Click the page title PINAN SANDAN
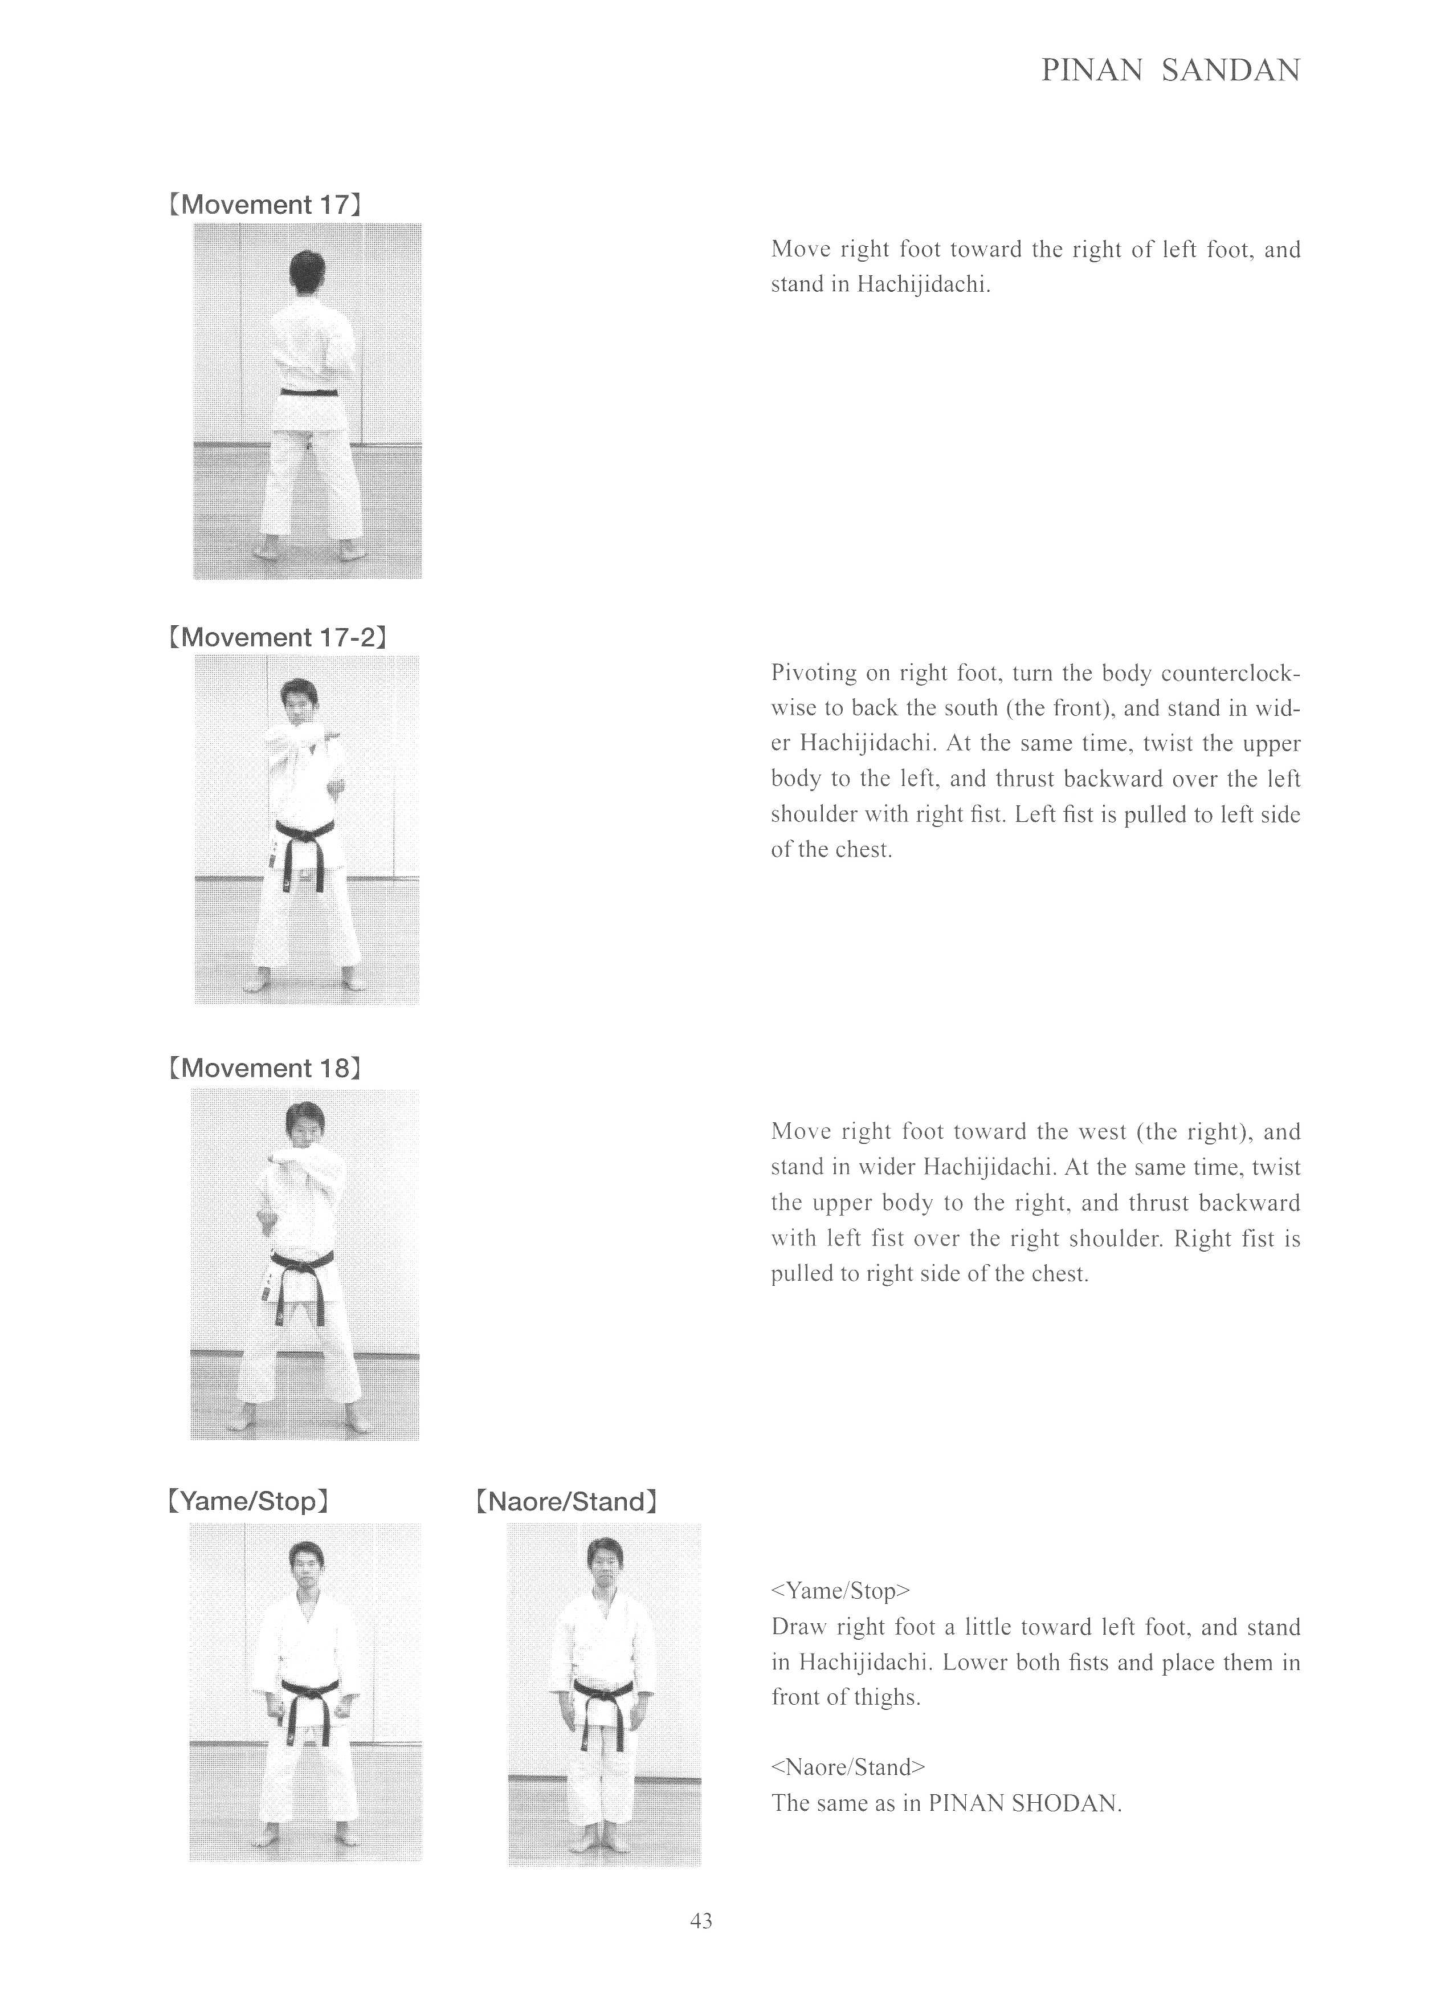(1170, 71)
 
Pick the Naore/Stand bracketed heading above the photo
(565, 1501)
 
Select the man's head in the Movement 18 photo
(306, 1125)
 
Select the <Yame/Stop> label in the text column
(839, 1591)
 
